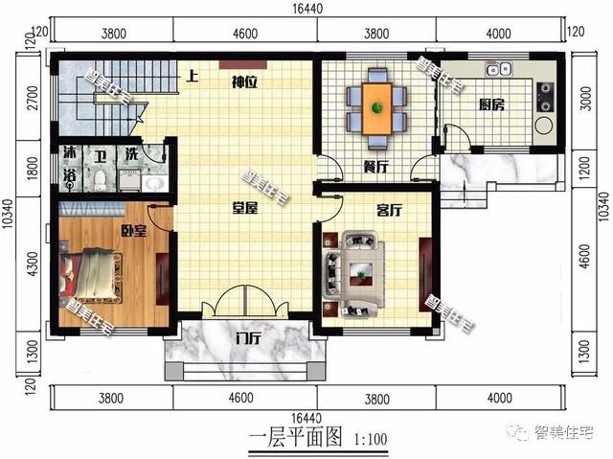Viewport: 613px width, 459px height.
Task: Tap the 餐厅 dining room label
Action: pyautogui.click(x=375, y=166)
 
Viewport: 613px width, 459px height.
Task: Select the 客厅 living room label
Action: pyautogui.click(x=389, y=208)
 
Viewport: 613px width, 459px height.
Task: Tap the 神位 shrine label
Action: pyautogui.click(x=243, y=82)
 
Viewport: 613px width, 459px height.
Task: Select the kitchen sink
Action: pyautogui.click(x=498, y=69)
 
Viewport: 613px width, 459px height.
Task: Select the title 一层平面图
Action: pyautogui.click(x=295, y=440)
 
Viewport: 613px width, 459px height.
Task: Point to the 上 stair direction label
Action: pyautogui.click(x=193, y=77)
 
